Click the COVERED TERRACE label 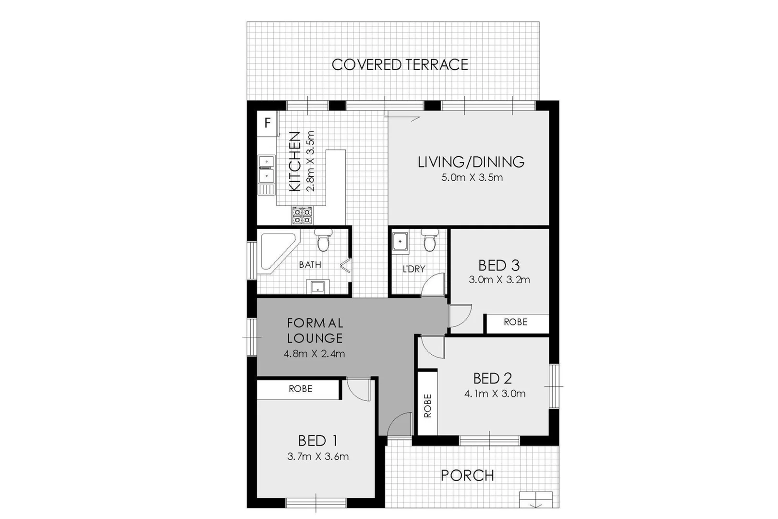click(400, 65)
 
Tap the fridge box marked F click(267, 123)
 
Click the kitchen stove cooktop click(302, 215)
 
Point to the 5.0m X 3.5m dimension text click(472, 178)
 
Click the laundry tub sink click(400, 242)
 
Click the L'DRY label click(413, 269)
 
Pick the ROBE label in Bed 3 click(515, 322)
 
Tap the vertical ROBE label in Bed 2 click(427, 406)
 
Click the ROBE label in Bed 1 click(300, 389)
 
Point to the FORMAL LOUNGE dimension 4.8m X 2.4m click(314, 354)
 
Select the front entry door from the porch click(400, 425)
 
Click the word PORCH click(467, 476)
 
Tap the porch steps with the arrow click(536, 499)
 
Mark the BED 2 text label click(492, 379)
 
